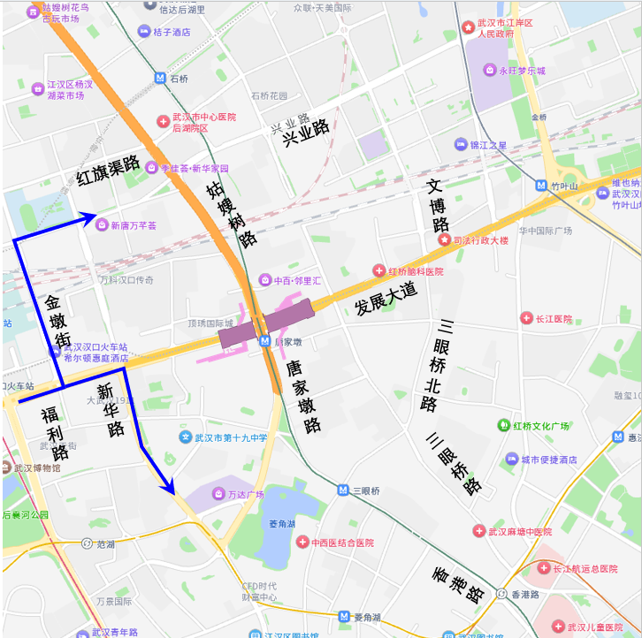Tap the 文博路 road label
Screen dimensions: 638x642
[438, 205]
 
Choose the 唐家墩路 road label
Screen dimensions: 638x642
[302, 394]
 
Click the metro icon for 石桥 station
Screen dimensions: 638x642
[159, 78]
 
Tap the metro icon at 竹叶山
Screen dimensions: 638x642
[541, 186]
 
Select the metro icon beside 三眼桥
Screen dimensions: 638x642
[343, 490]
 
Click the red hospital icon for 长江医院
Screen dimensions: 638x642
[526, 318]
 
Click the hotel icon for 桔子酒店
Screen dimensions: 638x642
[143, 32]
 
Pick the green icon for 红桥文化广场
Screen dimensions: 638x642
[503, 426]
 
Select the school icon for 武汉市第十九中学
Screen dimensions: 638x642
[185, 437]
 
